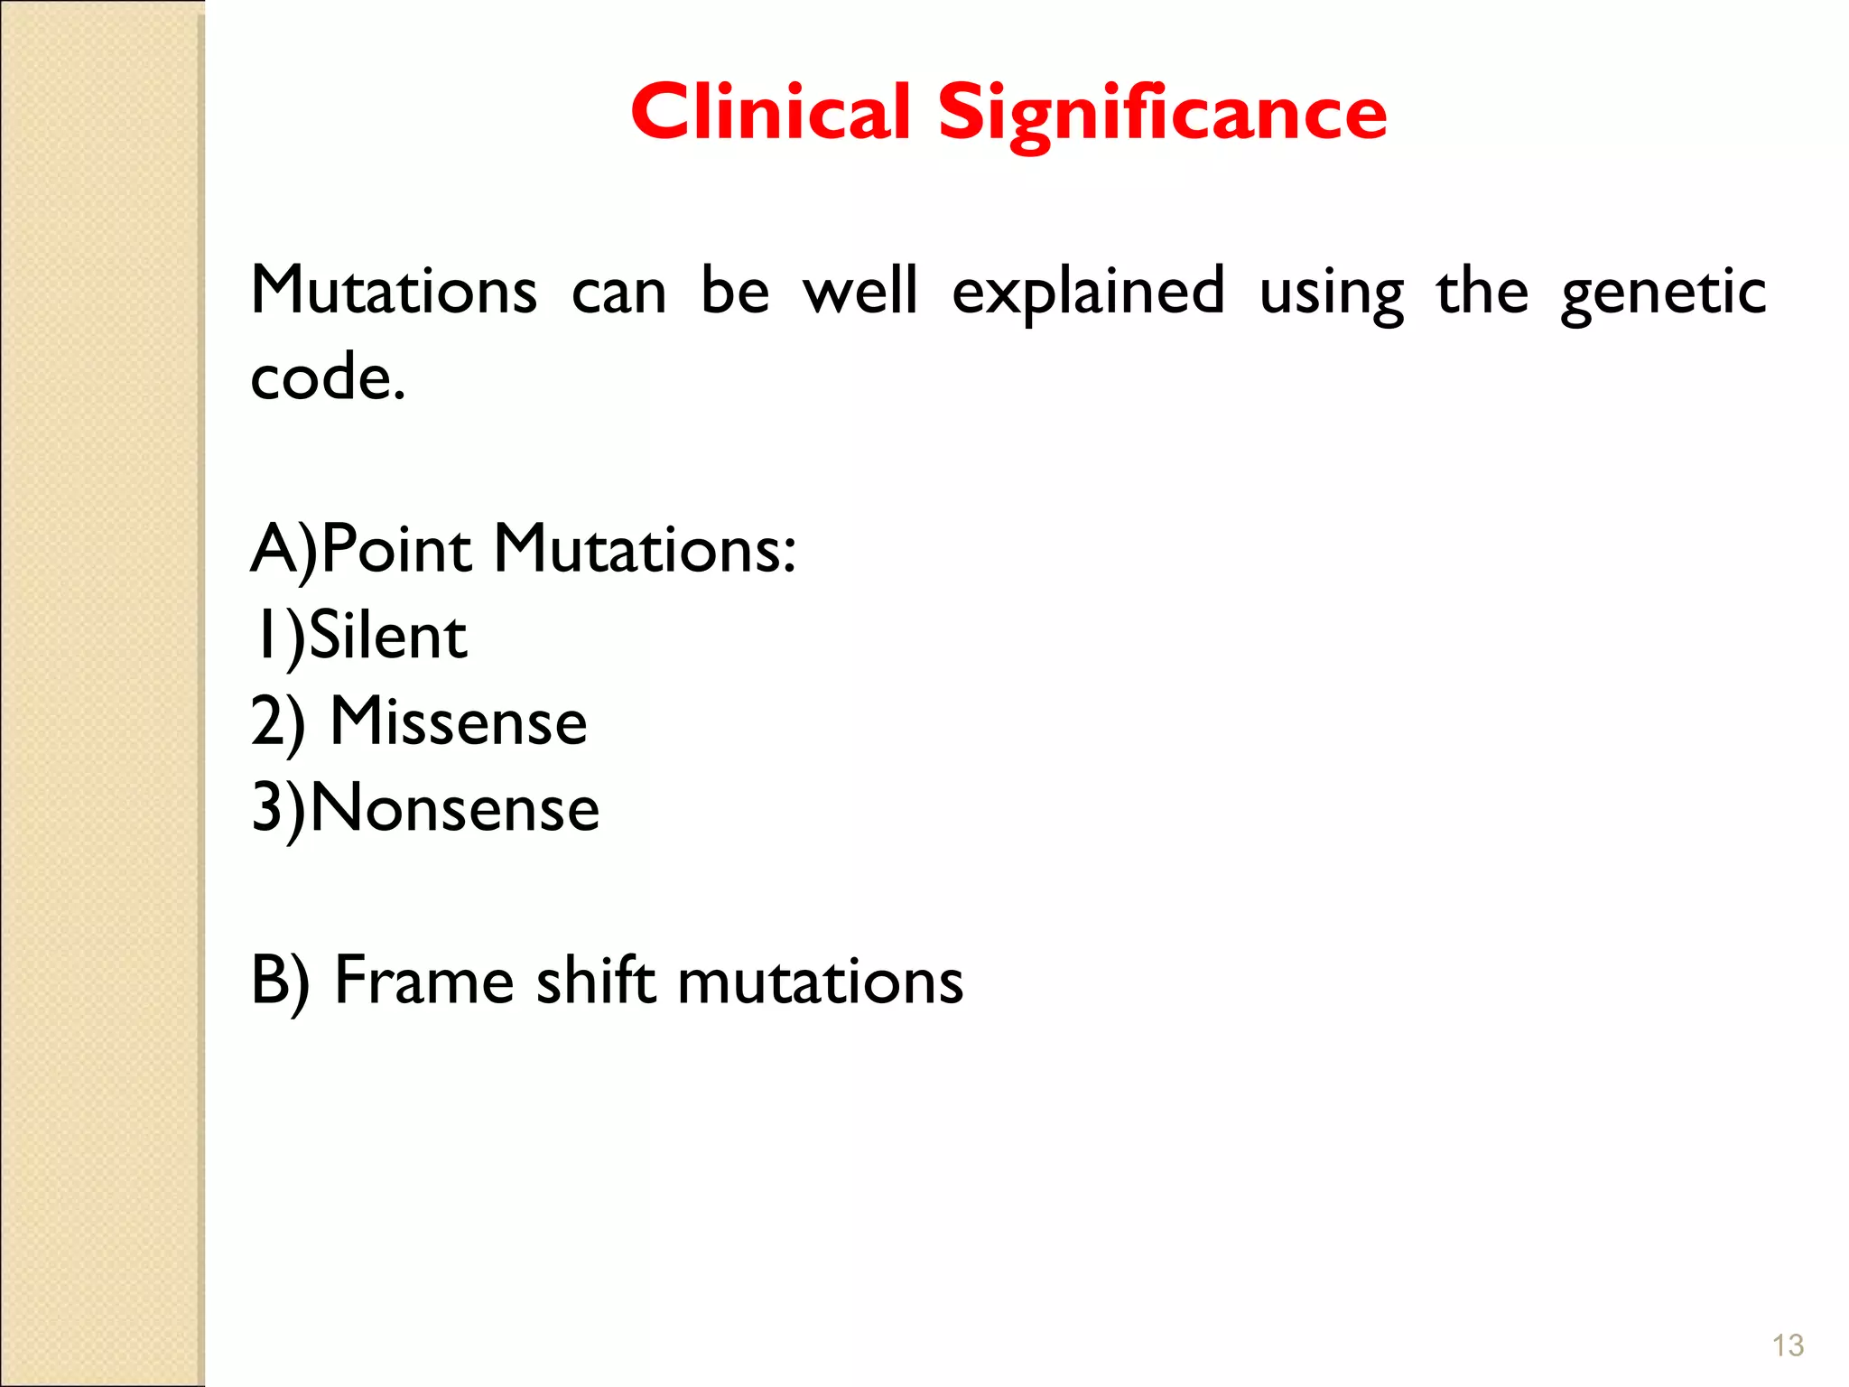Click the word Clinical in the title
(770, 112)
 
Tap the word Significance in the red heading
(1162, 114)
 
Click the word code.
(327, 377)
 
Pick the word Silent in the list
(388, 636)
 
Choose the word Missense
(459, 722)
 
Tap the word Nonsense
(455, 808)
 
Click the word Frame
(423, 981)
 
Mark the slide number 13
(1788, 1345)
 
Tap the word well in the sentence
(860, 291)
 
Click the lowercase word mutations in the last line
(820, 981)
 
